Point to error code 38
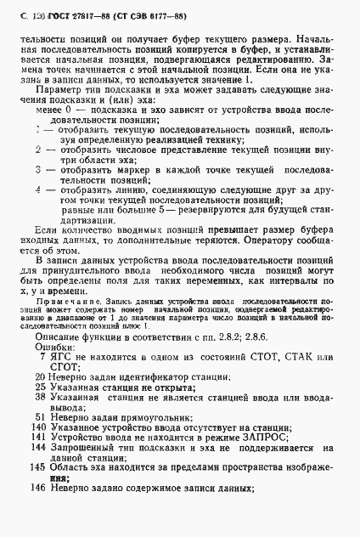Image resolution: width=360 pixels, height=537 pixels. [39, 400]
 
